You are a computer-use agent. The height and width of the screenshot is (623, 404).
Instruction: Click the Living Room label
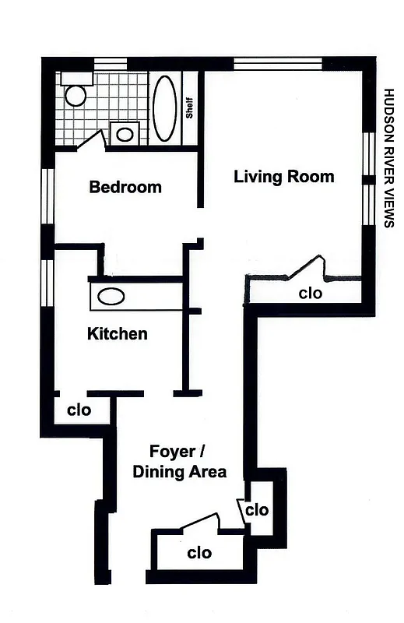pyautogui.click(x=284, y=177)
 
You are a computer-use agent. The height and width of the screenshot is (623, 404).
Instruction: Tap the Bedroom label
pyautogui.click(x=125, y=187)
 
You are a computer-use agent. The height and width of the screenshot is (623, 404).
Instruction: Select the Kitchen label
pyautogui.click(x=117, y=334)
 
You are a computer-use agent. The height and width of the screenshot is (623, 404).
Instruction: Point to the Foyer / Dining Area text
pyautogui.click(x=179, y=462)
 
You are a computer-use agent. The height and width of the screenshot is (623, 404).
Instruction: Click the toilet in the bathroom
pyautogui.click(x=76, y=93)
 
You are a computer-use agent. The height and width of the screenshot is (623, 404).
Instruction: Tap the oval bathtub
pyautogui.click(x=164, y=108)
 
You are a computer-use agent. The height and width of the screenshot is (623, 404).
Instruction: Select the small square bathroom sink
pyautogui.click(x=125, y=133)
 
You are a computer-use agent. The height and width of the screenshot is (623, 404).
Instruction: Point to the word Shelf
pyautogui.click(x=189, y=107)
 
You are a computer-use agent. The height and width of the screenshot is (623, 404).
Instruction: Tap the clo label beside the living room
pyautogui.click(x=311, y=294)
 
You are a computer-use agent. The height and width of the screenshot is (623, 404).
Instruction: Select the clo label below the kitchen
pyautogui.click(x=79, y=410)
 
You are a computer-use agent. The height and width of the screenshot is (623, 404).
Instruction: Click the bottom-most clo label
pyautogui.click(x=199, y=553)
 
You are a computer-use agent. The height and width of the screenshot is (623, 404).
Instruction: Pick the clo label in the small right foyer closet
pyautogui.click(x=257, y=510)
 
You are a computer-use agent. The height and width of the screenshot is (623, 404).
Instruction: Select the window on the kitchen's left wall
pyautogui.click(x=48, y=280)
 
